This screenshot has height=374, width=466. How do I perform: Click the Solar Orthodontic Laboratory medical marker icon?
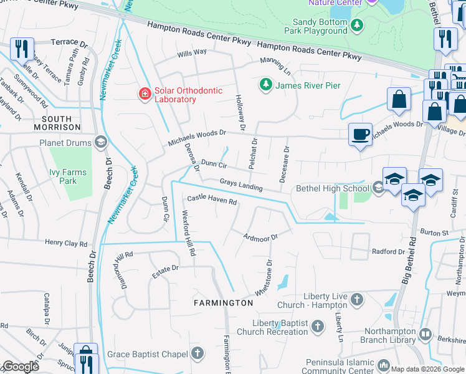tap(145, 94)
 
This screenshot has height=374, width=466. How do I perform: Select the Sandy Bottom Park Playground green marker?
tap(357, 24)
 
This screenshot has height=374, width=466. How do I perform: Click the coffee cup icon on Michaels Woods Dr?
tap(360, 133)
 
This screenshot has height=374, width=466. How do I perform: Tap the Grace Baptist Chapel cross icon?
tap(197, 354)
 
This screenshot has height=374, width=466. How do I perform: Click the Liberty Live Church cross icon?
tap(356, 300)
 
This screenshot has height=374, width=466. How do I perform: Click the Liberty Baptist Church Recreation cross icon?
tap(317, 327)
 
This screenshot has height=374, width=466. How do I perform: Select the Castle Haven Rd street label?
tap(212, 201)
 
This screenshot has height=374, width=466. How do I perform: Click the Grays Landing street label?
tap(240, 185)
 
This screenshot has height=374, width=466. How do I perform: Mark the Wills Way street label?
tap(191, 53)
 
